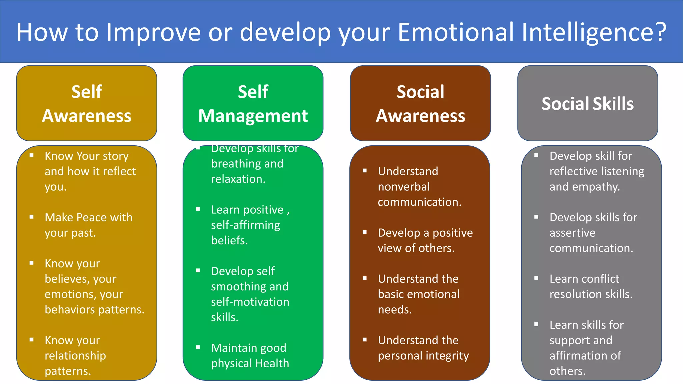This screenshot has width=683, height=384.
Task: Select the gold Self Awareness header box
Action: [x=87, y=103]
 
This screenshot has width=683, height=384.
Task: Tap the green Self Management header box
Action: [x=253, y=103]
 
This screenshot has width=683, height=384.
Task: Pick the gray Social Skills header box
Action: [x=587, y=103]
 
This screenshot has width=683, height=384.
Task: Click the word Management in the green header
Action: [x=253, y=116]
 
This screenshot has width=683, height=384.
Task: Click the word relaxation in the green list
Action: [x=238, y=179]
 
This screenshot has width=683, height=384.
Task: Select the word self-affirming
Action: [x=245, y=225]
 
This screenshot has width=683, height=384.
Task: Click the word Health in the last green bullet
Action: [x=272, y=363]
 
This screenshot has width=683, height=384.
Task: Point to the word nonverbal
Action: [x=404, y=187]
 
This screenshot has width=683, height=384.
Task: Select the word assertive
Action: [x=572, y=233]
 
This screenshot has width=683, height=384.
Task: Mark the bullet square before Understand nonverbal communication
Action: [x=365, y=171]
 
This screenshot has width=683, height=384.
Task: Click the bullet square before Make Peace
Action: [x=32, y=217]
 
